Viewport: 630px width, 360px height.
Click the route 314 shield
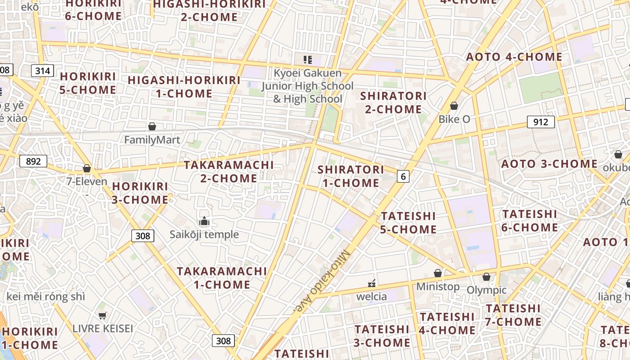coord(43,70)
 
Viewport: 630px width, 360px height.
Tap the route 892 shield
coord(33,161)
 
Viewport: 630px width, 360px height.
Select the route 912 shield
coord(540,122)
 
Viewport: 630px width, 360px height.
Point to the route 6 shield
coord(403,176)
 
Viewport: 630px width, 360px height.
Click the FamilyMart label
coord(152,140)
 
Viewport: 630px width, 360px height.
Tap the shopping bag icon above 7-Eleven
coord(87,168)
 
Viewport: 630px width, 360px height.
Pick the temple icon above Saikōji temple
coord(204,221)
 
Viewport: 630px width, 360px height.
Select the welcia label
coord(372,297)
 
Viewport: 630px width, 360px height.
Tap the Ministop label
coord(438,287)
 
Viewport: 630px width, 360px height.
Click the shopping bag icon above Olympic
coord(486,276)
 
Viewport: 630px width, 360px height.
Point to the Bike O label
coord(454,119)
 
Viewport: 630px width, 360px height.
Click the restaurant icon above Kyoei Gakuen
coord(308,59)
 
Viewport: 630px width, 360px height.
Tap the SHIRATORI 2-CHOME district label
coord(393,103)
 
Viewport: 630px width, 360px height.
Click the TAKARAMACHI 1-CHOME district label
coord(222,278)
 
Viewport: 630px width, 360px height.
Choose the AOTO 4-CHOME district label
coord(514,57)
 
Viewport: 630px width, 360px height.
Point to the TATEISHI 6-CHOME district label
coord(530,220)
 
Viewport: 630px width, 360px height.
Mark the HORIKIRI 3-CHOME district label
coord(140,193)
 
